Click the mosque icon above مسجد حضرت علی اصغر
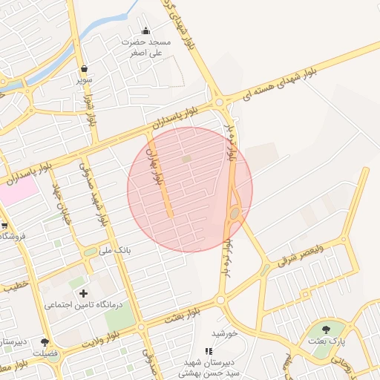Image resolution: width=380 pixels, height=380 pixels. [x=145, y=30]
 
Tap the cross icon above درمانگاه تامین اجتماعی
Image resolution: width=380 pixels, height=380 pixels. [x=83, y=294]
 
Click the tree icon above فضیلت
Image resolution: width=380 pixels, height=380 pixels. [x=46, y=342]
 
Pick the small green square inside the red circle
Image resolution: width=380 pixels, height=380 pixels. [x=186, y=158]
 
